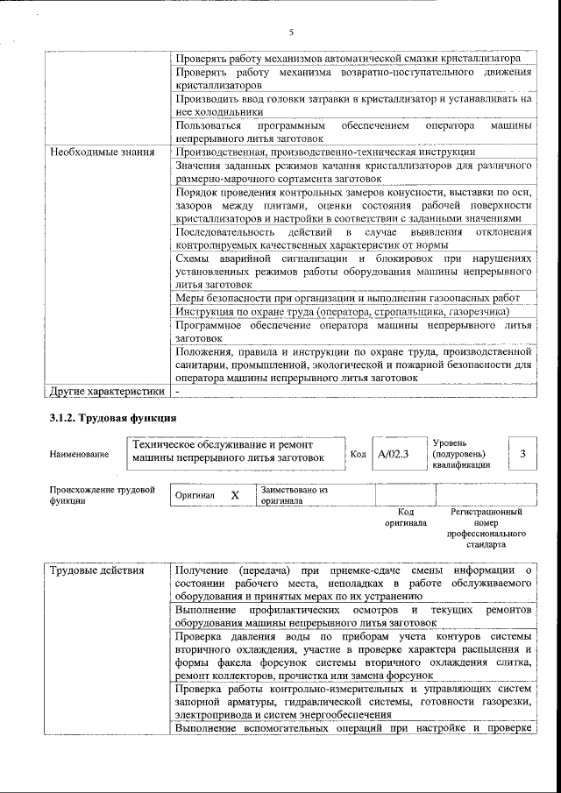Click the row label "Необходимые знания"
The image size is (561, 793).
pyautogui.click(x=103, y=152)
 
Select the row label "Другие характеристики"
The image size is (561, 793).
pyautogui.click(x=107, y=391)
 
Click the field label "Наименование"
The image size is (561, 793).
pyautogui.click(x=79, y=454)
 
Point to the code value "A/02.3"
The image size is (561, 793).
pyautogui.click(x=394, y=455)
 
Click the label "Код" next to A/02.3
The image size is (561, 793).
pyautogui.click(x=359, y=455)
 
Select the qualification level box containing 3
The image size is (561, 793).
pyautogui.click(x=522, y=454)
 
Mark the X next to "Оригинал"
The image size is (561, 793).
pyautogui.click(x=234, y=495)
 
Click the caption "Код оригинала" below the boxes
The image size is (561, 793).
pyautogui.click(x=405, y=517)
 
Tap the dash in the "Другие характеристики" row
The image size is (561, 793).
pyautogui.click(x=178, y=391)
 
